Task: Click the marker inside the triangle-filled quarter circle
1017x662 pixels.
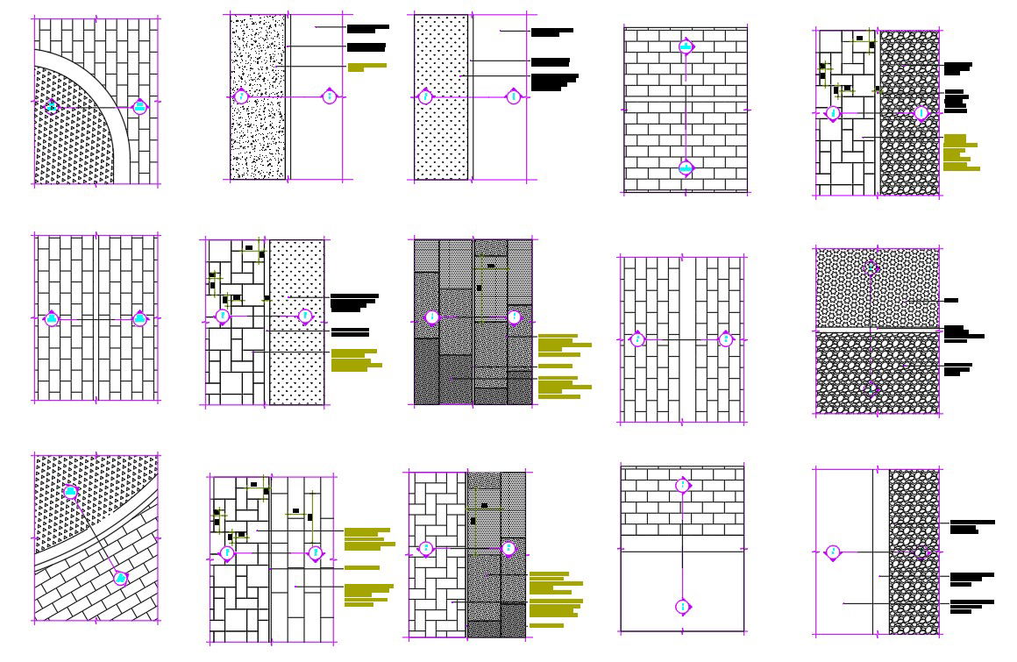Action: [52, 107]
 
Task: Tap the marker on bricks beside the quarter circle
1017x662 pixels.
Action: [139, 107]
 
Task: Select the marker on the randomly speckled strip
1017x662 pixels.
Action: [242, 96]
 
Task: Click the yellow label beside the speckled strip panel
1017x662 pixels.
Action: [366, 67]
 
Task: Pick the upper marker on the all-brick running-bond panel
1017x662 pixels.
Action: [686, 46]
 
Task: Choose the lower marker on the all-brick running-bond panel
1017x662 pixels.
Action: [686, 167]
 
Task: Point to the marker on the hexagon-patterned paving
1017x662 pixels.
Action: [871, 267]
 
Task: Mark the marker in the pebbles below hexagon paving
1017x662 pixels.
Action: [872, 389]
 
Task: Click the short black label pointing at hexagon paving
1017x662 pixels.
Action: [950, 301]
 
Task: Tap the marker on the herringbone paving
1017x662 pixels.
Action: [426, 549]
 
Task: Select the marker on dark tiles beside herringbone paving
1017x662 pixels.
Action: [508, 549]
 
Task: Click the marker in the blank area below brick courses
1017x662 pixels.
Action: [683, 607]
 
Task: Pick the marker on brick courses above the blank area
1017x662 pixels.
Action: [683, 486]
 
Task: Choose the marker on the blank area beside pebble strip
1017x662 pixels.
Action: [833, 552]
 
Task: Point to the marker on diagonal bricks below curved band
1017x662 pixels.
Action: [120, 579]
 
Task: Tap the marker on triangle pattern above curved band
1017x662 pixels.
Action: [70, 492]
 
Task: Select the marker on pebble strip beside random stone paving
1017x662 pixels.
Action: [921, 113]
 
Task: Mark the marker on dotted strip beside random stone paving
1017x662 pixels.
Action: [304, 316]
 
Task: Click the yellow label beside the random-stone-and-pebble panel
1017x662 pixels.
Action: [961, 153]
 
